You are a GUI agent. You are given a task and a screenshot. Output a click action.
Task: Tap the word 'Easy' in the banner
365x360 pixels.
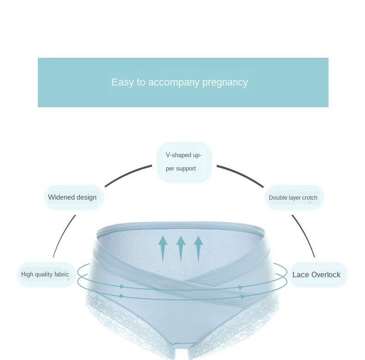[x=122, y=82]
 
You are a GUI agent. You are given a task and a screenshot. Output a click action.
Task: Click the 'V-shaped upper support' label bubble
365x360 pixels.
[x=184, y=162]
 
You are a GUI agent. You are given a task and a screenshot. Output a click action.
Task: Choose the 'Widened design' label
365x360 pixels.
[x=73, y=197]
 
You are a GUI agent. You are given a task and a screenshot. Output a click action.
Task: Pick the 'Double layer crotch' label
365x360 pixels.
[x=293, y=198]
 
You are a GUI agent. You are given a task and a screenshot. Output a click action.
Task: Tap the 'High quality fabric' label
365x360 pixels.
[x=45, y=275]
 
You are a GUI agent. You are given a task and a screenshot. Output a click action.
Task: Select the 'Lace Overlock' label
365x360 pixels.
[x=316, y=275]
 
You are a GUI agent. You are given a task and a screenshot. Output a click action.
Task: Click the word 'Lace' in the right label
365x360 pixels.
[x=300, y=275]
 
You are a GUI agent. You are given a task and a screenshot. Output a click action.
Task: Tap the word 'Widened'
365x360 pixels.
[x=61, y=197]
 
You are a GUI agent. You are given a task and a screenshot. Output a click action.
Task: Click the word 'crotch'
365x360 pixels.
[x=309, y=198]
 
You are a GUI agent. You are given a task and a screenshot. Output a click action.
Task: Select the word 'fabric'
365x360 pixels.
[x=61, y=275]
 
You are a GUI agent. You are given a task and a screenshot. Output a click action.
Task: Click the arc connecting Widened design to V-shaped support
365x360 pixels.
[x=128, y=175]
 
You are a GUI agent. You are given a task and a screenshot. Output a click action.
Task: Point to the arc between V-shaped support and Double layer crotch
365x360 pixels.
[x=241, y=175]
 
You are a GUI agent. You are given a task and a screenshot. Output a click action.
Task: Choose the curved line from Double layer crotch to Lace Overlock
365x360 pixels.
[x=304, y=236]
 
